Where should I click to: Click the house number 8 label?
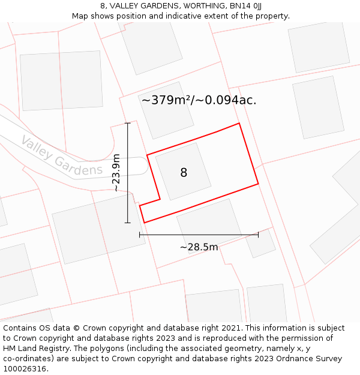pos(184,173)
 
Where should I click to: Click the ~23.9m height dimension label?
pos(116,173)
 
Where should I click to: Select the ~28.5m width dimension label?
pos(199,247)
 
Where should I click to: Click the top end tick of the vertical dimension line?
pos(127,123)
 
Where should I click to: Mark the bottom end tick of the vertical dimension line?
pos(127,223)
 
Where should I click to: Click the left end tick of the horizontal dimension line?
pos(140,235)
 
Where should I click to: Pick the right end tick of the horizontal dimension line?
pos(258,235)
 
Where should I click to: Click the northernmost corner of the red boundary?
pos(239,124)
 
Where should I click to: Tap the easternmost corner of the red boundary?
pos(258,184)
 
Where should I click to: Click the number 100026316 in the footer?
pos(24,369)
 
